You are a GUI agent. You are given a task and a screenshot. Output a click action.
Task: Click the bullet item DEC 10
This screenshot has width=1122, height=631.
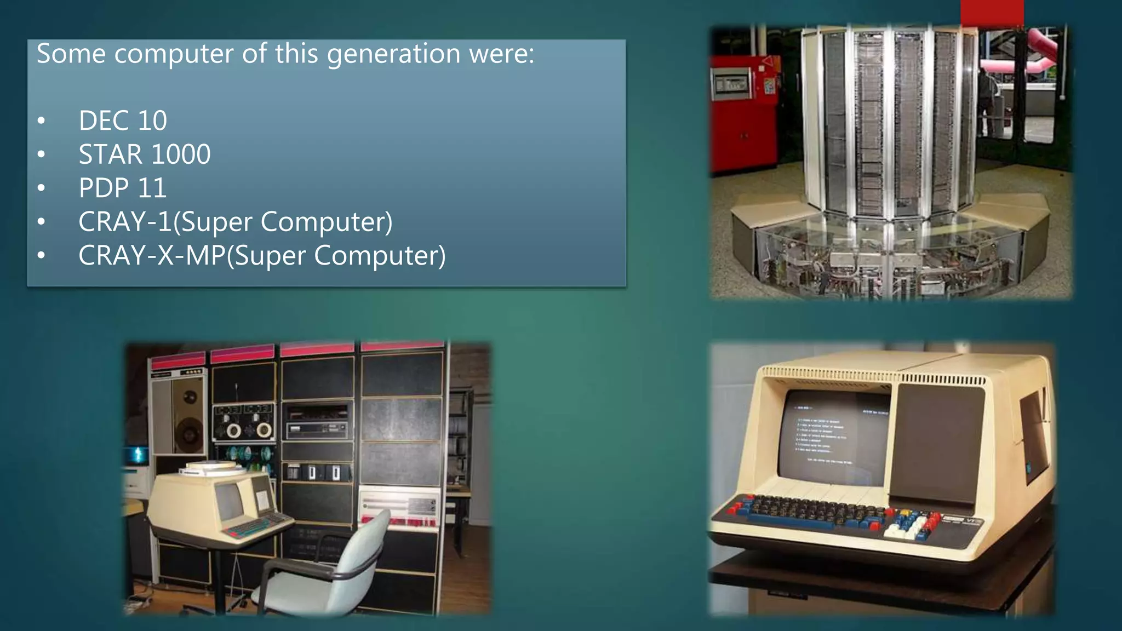click(122, 121)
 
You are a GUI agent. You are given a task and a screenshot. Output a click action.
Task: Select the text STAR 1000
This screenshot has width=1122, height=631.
click(144, 154)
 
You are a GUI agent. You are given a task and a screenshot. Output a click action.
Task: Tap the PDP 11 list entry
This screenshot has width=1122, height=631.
click(122, 188)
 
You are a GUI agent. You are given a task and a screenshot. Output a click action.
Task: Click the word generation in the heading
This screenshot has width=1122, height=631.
click(393, 54)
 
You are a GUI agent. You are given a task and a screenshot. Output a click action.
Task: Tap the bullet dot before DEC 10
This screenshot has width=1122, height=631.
click(42, 121)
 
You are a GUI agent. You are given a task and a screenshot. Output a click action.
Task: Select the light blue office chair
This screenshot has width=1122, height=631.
click(329, 570)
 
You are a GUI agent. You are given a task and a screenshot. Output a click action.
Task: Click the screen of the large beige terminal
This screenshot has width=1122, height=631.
click(835, 438)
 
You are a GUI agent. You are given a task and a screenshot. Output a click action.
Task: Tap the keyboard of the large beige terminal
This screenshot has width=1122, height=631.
click(822, 512)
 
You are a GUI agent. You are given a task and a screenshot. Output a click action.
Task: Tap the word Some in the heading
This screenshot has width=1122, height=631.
click(71, 54)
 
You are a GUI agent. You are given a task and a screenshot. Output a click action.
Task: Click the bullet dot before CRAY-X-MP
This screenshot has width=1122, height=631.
click(42, 256)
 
